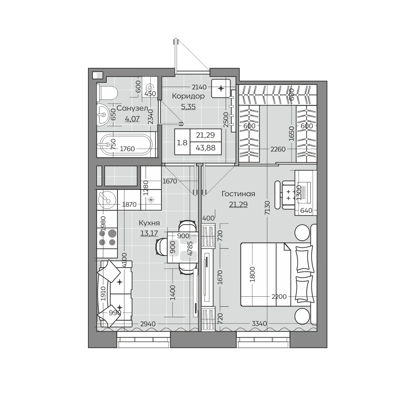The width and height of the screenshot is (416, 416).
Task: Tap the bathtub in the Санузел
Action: click(127, 145)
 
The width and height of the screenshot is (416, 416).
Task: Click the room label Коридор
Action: click(188, 96)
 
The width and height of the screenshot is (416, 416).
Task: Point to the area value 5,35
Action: click(188, 107)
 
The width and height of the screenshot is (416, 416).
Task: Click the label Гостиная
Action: click(238, 194)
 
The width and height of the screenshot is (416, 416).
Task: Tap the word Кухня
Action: click(149, 223)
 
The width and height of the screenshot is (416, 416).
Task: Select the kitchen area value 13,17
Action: click(149, 233)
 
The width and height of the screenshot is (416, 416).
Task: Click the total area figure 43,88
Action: click(206, 148)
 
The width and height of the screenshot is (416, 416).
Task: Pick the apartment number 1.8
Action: click(182, 143)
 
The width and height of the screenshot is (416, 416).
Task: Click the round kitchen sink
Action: click(107, 200)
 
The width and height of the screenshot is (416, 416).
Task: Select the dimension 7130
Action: click(267, 208)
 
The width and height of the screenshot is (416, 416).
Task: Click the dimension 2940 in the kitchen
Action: click(148, 324)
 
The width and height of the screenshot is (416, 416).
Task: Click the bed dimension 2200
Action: click(279, 297)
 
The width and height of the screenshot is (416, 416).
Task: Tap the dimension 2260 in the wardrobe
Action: click(278, 149)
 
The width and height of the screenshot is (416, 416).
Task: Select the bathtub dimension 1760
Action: click(127, 149)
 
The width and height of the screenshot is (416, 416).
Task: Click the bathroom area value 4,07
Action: click(132, 119)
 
